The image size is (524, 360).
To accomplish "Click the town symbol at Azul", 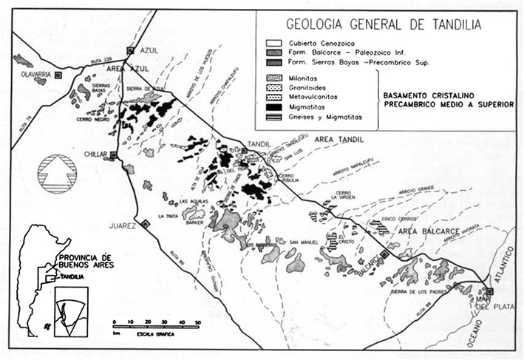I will [x=130, y=50].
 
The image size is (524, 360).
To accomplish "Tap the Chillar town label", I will [x=95, y=154].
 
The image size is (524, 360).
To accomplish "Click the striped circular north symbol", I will [x=58, y=174].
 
